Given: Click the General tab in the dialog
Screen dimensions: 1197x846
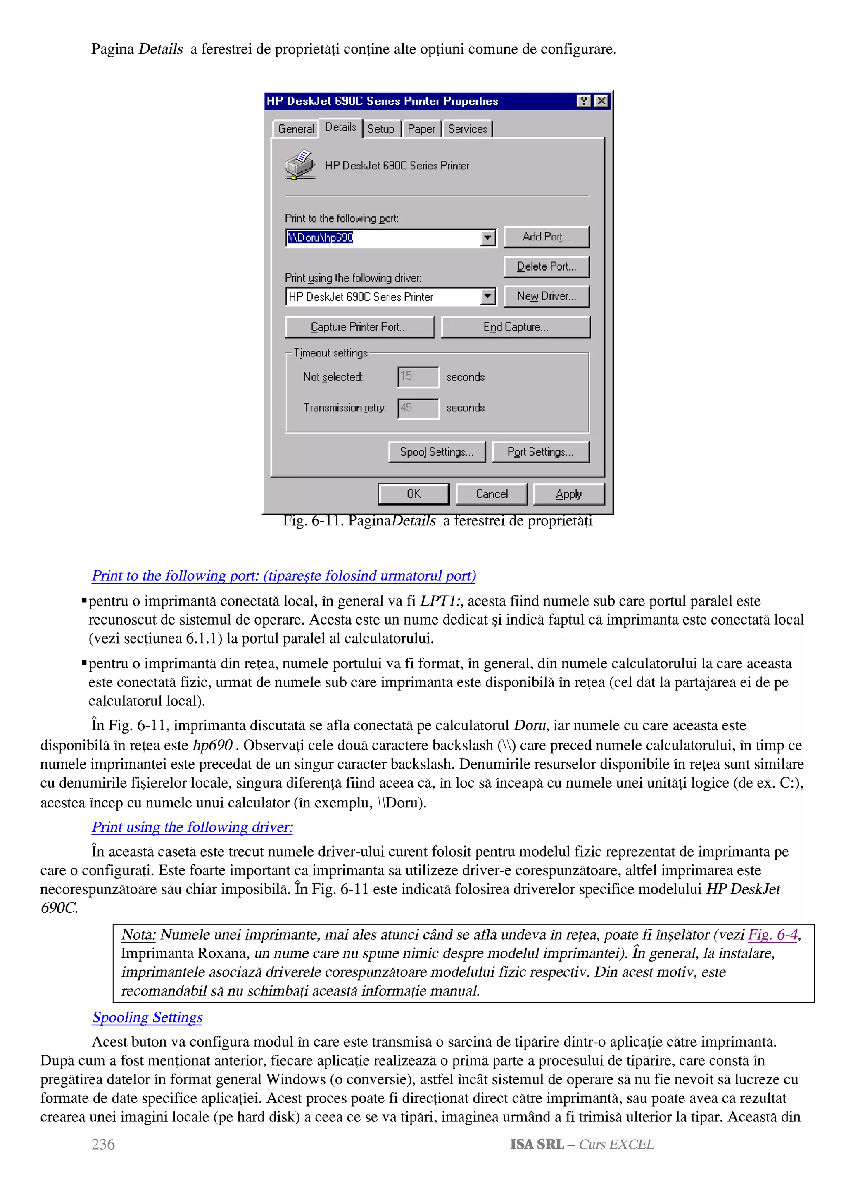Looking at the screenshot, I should click(x=295, y=129).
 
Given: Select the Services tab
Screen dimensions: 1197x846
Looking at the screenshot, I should click(x=468, y=129).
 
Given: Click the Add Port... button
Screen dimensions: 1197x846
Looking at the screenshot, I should click(x=546, y=237).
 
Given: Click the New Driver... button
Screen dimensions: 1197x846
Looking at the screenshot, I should click(x=546, y=296).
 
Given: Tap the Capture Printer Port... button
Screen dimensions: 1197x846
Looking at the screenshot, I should click(x=359, y=327).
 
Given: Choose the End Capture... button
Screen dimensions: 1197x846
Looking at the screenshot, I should click(x=516, y=327).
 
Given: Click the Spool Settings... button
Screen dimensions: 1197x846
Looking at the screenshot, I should click(x=437, y=451).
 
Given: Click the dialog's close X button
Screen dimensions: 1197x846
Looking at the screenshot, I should click(x=601, y=101).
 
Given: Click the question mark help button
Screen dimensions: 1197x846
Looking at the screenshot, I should click(x=584, y=101).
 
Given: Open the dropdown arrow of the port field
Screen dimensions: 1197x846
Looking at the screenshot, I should click(x=487, y=238).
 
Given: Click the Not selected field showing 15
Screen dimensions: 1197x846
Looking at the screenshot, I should click(x=418, y=376).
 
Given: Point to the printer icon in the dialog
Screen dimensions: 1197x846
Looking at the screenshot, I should click(x=300, y=165).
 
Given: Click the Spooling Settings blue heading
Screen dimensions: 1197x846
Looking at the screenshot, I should click(x=147, y=1017).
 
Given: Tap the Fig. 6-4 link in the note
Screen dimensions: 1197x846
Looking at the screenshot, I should click(x=772, y=935).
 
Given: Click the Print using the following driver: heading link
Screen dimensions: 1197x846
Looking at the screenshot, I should click(x=192, y=827).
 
